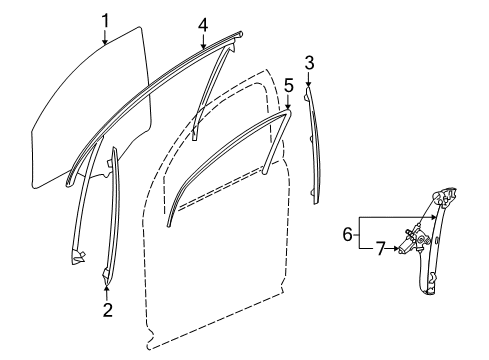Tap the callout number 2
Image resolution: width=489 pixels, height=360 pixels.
tap(108, 310)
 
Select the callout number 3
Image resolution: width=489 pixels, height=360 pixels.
tap(309, 64)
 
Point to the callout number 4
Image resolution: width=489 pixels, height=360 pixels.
tap(203, 23)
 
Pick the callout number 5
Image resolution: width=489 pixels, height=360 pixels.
tap(288, 87)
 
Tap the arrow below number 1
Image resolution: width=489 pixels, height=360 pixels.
tap(105, 38)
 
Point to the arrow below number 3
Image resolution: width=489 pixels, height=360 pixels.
tap(309, 81)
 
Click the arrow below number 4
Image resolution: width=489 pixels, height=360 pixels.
tap(203, 41)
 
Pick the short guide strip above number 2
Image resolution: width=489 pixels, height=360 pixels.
tap(111, 210)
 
